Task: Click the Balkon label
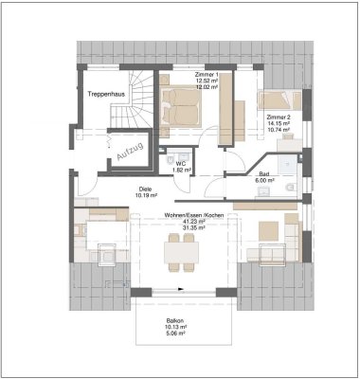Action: [x=175, y=321]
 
